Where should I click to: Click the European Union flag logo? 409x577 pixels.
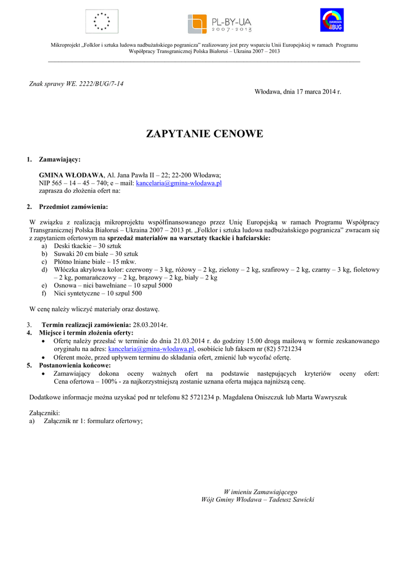(102, 21)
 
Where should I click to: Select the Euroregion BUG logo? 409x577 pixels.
(332, 20)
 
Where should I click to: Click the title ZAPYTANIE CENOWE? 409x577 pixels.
(204, 134)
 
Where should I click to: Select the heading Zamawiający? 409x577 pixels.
(59, 159)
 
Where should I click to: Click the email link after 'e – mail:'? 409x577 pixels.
(179, 183)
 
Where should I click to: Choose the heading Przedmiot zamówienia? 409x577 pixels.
(73, 207)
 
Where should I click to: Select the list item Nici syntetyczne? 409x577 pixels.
(98, 293)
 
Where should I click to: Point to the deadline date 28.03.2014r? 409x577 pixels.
(150, 325)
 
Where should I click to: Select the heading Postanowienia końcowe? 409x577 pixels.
(74, 365)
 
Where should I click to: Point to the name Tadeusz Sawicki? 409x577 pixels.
(292, 500)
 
